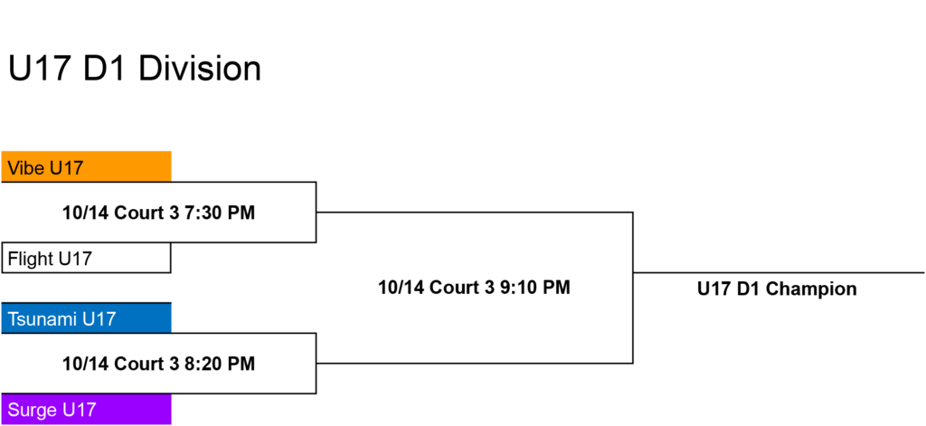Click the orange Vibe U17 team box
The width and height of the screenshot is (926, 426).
(86, 166)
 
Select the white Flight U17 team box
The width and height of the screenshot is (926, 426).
(86, 258)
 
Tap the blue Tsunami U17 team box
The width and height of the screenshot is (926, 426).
(86, 317)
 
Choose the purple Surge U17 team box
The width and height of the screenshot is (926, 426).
(86, 409)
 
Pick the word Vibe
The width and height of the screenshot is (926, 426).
(26, 168)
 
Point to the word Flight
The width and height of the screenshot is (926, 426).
(30, 259)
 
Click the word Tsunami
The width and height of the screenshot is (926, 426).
(43, 319)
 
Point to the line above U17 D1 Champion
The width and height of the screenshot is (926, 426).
(779, 273)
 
